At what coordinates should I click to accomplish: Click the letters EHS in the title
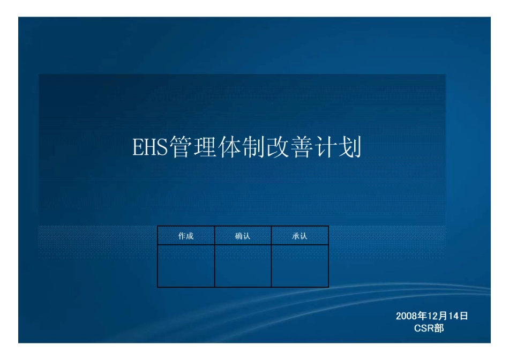(x=150, y=147)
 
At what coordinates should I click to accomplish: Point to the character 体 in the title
(x=230, y=147)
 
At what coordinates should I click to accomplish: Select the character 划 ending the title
(x=351, y=147)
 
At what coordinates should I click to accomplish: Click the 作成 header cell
(x=186, y=236)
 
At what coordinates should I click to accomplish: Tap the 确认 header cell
(x=243, y=236)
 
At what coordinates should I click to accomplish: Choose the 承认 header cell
(x=300, y=236)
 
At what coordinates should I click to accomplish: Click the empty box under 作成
(x=186, y=266)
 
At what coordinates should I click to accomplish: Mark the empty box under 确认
(x=243, y=266)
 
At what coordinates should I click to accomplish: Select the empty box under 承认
(x=300, y=266)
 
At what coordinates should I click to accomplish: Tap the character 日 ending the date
(x=464, y=316)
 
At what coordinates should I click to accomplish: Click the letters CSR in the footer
(x=424, y=328)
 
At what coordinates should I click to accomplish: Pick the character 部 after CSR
(x=439, y=328)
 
